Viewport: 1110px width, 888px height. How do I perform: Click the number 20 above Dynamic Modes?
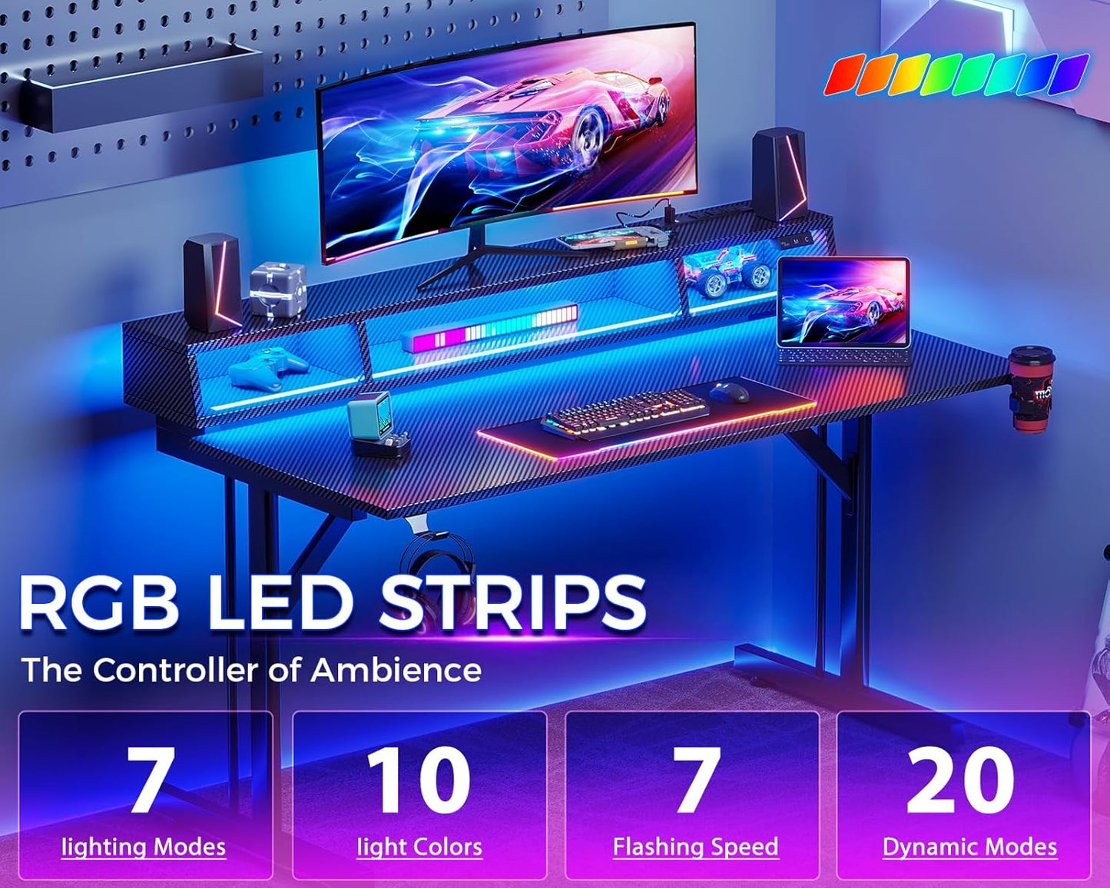pyautogui.click(x=961, y=780)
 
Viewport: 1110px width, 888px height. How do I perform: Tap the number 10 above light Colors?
pyautogui.click(x=419, y=780)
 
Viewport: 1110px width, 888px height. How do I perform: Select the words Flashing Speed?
pyautogui.click(x=695, y=847)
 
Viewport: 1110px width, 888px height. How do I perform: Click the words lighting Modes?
pyautogui.click(x=144, y=847)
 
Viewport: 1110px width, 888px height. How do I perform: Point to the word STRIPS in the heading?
pyautogui.click(x=512, y=604)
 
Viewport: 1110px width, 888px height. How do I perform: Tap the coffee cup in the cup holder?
pyautogui.click(x=1031, y=387)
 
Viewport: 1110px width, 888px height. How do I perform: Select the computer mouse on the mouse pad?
pyautogui.click(x=729, y=392)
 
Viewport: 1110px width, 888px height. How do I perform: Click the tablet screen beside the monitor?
pyautogui.click(x=843, y=303)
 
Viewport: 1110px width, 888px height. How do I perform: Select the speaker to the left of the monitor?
pyautogui.click(x=212, y=282)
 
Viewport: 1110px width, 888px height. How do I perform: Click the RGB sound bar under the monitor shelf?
pyautogui.click(x=492, y=328)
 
